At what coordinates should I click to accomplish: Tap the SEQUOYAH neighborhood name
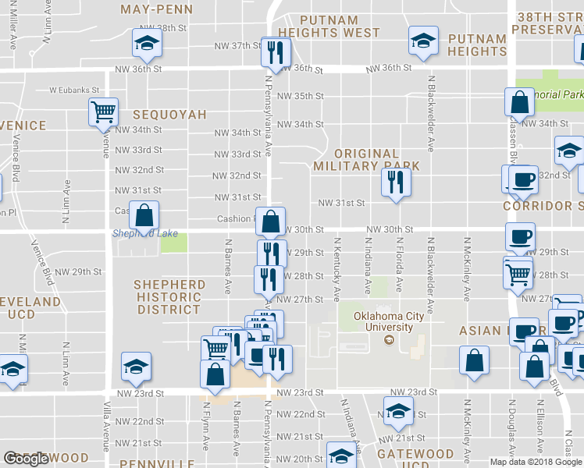169,115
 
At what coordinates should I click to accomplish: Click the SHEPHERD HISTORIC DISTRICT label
167,297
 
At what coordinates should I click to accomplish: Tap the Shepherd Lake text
144,234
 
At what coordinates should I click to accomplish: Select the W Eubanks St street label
74,90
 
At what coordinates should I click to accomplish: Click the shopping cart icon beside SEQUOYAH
103,112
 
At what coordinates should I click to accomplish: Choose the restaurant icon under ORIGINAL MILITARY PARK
395,183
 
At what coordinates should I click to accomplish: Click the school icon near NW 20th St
340,456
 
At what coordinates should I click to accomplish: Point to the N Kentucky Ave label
337,270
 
